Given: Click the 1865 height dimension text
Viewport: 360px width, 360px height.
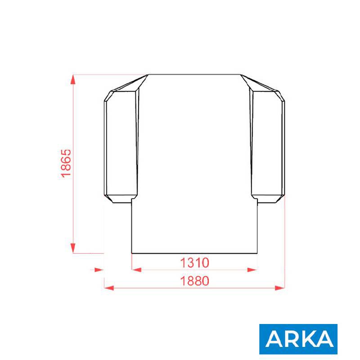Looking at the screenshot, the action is tap(66, 163).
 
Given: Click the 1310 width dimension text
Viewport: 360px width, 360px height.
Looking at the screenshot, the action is tap(195, 263).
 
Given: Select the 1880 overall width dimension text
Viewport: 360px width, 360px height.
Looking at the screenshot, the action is tap(195, 281).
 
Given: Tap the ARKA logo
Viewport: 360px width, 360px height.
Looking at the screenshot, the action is tap(298, 339).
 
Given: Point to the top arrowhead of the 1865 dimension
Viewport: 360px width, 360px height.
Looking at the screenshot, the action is tap(73, 80).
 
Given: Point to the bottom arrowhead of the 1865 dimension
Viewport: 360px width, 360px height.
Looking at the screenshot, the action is tap(73, 248).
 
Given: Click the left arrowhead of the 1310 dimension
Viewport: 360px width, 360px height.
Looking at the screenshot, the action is tap(137, 270).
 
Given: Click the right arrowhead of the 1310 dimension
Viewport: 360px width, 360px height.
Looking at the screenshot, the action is tap(252, 270).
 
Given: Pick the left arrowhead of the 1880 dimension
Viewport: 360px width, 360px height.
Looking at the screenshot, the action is tap(109, 288).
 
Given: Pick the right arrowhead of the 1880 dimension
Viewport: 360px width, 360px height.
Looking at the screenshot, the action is tap(279, 288).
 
